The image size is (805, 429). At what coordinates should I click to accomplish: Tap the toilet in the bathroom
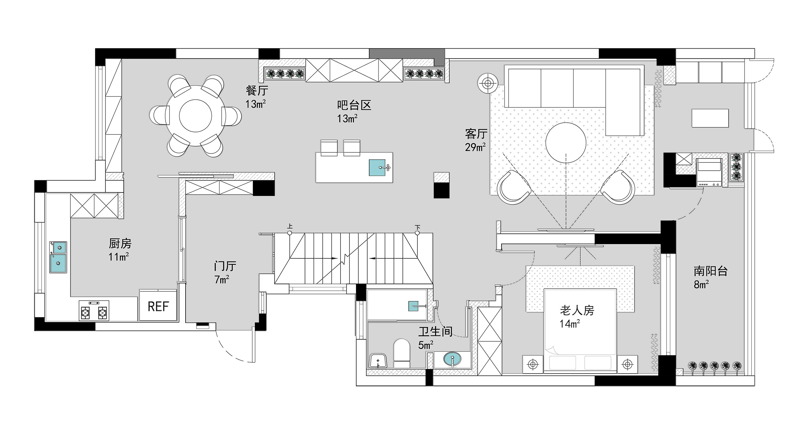coord(401,354)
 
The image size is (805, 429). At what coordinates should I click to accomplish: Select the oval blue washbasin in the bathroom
coord(452,359)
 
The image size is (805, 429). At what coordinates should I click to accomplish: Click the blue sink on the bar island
coord(377,167)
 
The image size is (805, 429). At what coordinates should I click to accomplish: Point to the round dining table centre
coord(195,116)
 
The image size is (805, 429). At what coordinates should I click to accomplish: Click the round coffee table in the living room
coord(566,142)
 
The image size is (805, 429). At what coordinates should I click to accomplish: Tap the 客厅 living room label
coord(476,134)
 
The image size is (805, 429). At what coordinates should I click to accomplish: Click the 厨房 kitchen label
coord(120,244)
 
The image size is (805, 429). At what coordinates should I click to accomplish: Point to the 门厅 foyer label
coord(225,266)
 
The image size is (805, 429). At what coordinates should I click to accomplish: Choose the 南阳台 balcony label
coord(711,271)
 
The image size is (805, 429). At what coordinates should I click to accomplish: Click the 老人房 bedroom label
coord(577,310)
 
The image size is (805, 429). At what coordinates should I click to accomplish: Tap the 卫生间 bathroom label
coord(435,332)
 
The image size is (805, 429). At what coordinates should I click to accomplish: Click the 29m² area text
coord(475,147)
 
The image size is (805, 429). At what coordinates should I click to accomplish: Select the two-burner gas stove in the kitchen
coord(94,311)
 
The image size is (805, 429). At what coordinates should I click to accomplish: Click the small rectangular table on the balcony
coord(710,118)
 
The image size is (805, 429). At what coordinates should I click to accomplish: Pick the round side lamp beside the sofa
coord(488,83)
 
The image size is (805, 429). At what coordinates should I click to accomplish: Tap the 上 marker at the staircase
coord(290,226)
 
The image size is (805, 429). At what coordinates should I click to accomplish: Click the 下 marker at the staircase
coord(417,227)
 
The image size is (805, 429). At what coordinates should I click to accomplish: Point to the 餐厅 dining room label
coord(257,91)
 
